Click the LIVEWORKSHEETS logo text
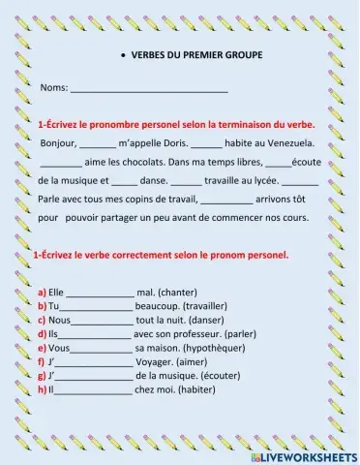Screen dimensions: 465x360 click(310, 454)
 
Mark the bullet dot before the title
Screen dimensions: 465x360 click(118, 57)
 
